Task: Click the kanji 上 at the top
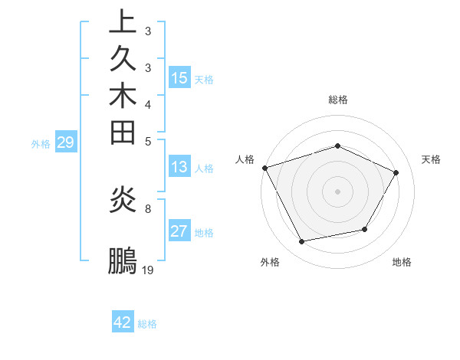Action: click(x=123, y=22)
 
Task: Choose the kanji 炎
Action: click(x=123, y=200)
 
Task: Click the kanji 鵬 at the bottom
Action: click(x=123, y=260)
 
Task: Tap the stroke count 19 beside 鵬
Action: click(x=148, y=270)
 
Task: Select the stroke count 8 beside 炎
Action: click(x=148, y=208)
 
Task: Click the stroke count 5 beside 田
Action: click(x=148, y=141)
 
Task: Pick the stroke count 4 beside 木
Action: click(x=148, y=103)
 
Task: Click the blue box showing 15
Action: click(x=179, y=77)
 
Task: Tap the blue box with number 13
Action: click(x=179, y=167)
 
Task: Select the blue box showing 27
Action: click(x=179, y=231)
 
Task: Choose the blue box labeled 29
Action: click(x=66, y=142)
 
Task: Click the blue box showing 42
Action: click(x=123, y=322)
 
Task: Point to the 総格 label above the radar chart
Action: click(x=338, y=100)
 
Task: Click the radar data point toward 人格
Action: click(x=265, y=167)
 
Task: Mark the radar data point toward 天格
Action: click(x=396, y=172)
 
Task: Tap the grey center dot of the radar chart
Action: click(x=338, y=191)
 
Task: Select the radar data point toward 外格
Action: click(x=302, y=242)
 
